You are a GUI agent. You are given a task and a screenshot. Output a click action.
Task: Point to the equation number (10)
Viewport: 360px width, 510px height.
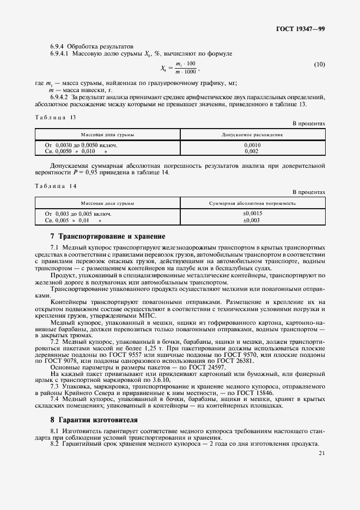(320, 65)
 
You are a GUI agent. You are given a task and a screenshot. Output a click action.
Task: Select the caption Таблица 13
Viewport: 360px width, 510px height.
(55, 117)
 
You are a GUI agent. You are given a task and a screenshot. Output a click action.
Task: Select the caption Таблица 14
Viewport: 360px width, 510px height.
(55, 186)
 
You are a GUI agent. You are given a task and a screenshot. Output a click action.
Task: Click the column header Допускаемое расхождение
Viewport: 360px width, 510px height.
(252, 134)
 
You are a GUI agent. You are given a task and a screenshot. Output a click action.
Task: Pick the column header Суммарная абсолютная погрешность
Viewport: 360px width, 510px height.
(252, 203)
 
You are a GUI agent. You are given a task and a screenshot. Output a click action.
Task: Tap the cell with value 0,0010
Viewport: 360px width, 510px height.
(252, 145)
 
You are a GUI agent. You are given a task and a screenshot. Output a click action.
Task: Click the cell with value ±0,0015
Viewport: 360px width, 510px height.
(252, 214)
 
